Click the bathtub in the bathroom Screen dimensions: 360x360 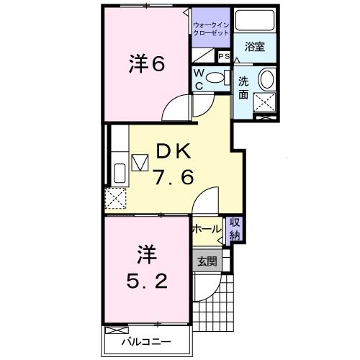[252, 22]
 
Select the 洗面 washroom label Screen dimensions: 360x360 [244, 86]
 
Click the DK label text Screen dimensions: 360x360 [173, 150]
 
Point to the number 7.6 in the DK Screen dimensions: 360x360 [173, 176]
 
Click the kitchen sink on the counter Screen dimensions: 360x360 [120, 174]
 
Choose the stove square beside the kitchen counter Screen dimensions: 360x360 [140, 162]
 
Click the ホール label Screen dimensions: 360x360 [207, 229]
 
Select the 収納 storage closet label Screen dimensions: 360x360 [235, 229]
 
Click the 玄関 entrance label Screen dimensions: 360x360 [207, 261]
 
